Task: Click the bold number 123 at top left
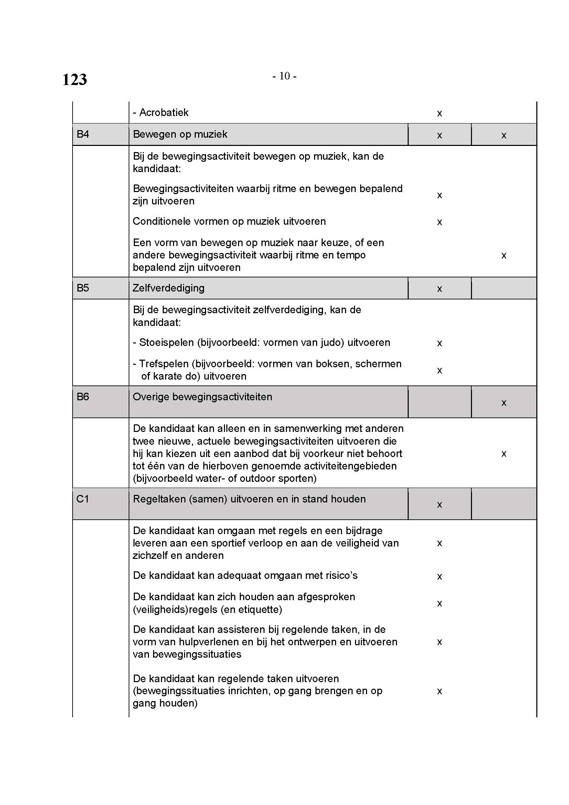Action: coord(75,80)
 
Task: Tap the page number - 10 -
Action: coord(284,76)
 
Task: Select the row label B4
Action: coord(83,134)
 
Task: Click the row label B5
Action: coord(83,288)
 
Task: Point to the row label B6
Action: coord(83,397)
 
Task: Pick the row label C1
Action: coord(83,499)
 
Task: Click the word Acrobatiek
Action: coord(164,113)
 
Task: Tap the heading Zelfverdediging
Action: coord(169,288)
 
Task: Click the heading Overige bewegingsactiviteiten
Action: coord(203,397)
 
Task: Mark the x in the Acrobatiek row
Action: coord(439,114)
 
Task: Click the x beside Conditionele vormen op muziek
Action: coord(439,222)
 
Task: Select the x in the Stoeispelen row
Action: coord(439,343)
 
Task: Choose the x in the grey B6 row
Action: coord(504,403)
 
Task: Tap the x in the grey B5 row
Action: coord(439,289)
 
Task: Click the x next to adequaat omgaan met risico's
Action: coord(439,577)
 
